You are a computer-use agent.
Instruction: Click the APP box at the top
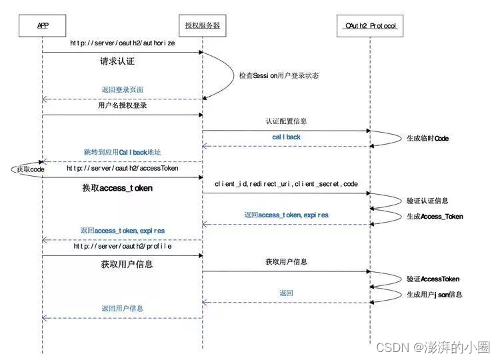[x=43, y=26]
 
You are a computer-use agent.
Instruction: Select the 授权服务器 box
[x=202, y=26]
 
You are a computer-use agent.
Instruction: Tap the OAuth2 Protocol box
[x=370, y=26]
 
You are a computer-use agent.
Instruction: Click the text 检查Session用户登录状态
[x=279, y=75]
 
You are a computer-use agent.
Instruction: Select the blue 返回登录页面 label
[x=123, y=89]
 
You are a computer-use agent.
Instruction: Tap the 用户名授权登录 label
[x=122, y=105]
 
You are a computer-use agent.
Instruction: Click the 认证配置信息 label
[x=286, y=121]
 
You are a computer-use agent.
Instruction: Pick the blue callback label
[x=286, y=137]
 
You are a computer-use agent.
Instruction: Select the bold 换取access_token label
[x=117, y=188]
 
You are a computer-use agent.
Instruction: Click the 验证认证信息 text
[x=427, y=200]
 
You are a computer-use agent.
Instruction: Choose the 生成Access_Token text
[x=435, y=216]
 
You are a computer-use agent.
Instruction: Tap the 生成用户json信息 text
[x=434, y=294]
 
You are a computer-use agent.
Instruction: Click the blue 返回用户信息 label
[x=122, y=309]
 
